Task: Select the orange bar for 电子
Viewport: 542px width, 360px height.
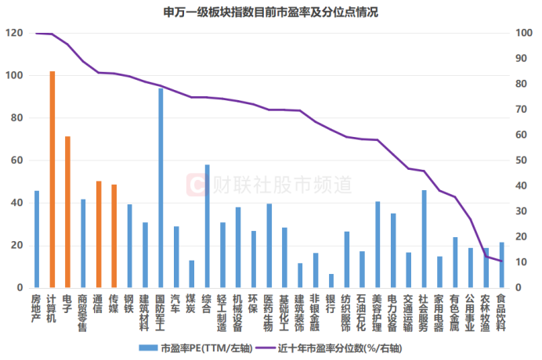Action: (67, 212)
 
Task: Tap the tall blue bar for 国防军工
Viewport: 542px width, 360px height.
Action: (161, 188)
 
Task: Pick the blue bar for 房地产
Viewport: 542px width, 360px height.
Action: (36, 239)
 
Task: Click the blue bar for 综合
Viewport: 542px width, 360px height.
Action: (207, 226)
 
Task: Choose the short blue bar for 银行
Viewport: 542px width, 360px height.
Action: (331, 281)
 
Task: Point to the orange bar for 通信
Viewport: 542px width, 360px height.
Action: (99, 235)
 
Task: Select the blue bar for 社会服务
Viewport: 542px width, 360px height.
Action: (424, 239)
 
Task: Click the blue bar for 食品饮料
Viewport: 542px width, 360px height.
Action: (501, 265)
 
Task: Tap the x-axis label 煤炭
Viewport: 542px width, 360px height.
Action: (191, 304)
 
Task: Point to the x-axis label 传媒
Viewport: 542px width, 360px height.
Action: (114, 304)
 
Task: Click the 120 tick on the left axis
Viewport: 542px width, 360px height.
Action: (14, 34)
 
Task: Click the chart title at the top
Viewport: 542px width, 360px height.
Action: (271, 12)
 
